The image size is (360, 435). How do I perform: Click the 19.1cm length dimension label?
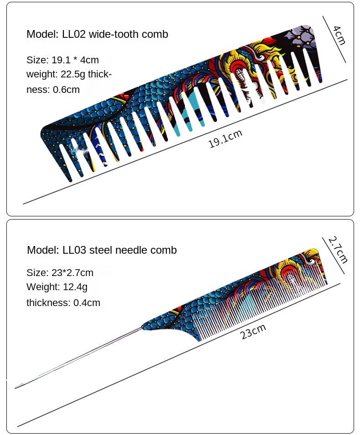(225, 139)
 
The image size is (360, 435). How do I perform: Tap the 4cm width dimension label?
(339, 35)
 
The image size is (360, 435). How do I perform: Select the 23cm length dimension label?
(253, 332)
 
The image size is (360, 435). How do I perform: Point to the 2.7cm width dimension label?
(338, 250)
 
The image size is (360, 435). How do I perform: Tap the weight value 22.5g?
(73, 74)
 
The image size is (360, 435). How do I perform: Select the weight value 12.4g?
(75, 287)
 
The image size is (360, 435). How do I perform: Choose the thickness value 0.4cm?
(87, 302)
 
